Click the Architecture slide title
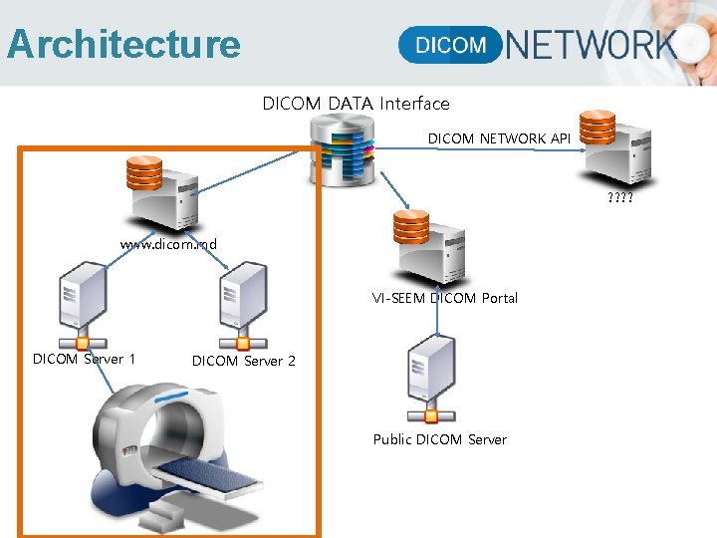point(123,45)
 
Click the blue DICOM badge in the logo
point(450,45)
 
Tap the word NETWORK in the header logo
point(592,45)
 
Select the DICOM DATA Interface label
point(356,104)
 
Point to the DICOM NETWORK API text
point(499,138)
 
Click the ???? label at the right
point(619,197)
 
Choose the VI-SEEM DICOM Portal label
point(445,298)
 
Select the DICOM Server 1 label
point(85,359)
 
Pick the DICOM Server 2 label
point(244,361)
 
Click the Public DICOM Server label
point(439,439)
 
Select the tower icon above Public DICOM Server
point(432,377)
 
